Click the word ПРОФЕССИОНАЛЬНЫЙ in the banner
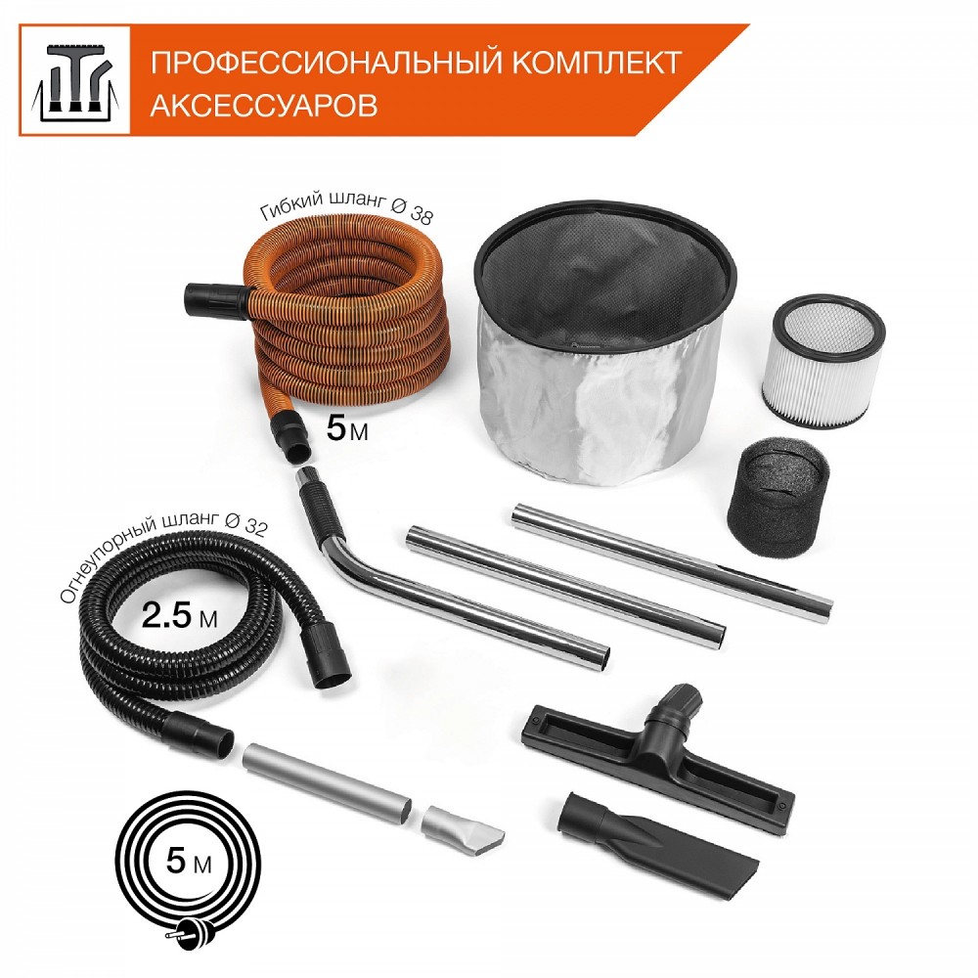coord(327,63)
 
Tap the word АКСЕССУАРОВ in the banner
coord(264,105)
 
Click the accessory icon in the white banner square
coord(75,80)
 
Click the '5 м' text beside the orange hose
coord(347,428)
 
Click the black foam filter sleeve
coord(779,497)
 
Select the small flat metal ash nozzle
coord(462,827)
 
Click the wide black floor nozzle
coord(658,756)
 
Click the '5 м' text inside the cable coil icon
coord(189,862)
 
